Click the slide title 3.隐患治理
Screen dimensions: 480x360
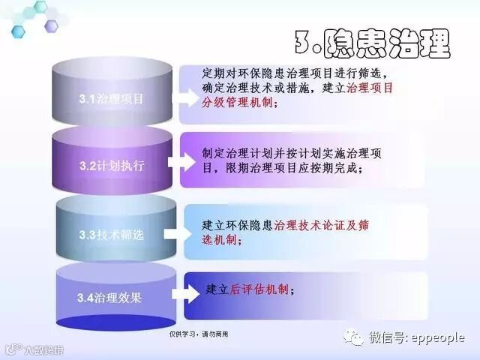[x=372, y=43]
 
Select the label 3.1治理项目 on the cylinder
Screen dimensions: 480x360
[x=111, y=98]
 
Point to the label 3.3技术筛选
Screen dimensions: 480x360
[x=111, y=235]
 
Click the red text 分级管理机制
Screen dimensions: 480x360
[x=239, y=103]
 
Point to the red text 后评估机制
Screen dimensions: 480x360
[x=259, y=289]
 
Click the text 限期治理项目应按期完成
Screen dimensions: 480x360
[x=290, y=168]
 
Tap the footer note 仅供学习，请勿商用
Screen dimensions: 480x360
[x=199, y=334]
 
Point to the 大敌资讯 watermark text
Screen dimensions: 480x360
[x=43, y=349]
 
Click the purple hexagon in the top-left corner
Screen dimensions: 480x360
[x=51, y=26]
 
